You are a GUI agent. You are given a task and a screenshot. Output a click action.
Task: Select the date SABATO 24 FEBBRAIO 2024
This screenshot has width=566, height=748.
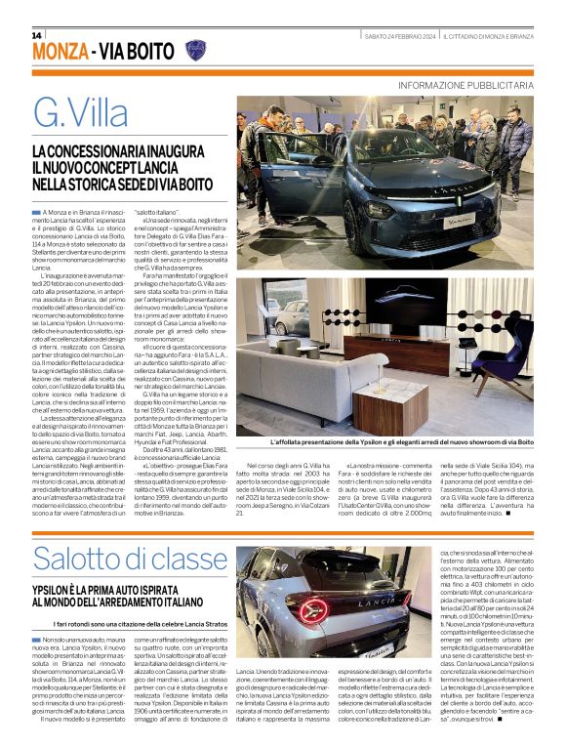396,36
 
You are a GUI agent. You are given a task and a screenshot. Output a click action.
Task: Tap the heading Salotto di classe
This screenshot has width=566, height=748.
116,559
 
